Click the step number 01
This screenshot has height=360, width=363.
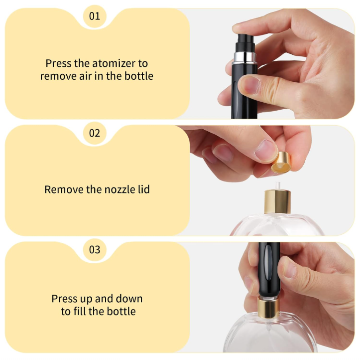coord(95,16)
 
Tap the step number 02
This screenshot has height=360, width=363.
coord(95,133)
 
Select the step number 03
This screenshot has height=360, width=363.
coord(95,250)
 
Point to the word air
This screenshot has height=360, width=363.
coord(86,76)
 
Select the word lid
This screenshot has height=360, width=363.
coord(144,189)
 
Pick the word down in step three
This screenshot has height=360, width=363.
coord(129,299)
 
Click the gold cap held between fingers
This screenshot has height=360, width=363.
coord(281,163)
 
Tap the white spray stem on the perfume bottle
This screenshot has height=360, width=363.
coord(278,186)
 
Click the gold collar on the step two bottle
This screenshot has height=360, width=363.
coord(277,201)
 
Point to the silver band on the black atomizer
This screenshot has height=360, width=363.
coord(245,57)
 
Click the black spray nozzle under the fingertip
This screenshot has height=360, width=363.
coord(245,43)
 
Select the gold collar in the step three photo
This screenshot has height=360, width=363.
coord(268,308)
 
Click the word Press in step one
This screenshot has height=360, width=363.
coord(58,63)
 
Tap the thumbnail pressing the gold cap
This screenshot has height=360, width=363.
coord(266,151)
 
